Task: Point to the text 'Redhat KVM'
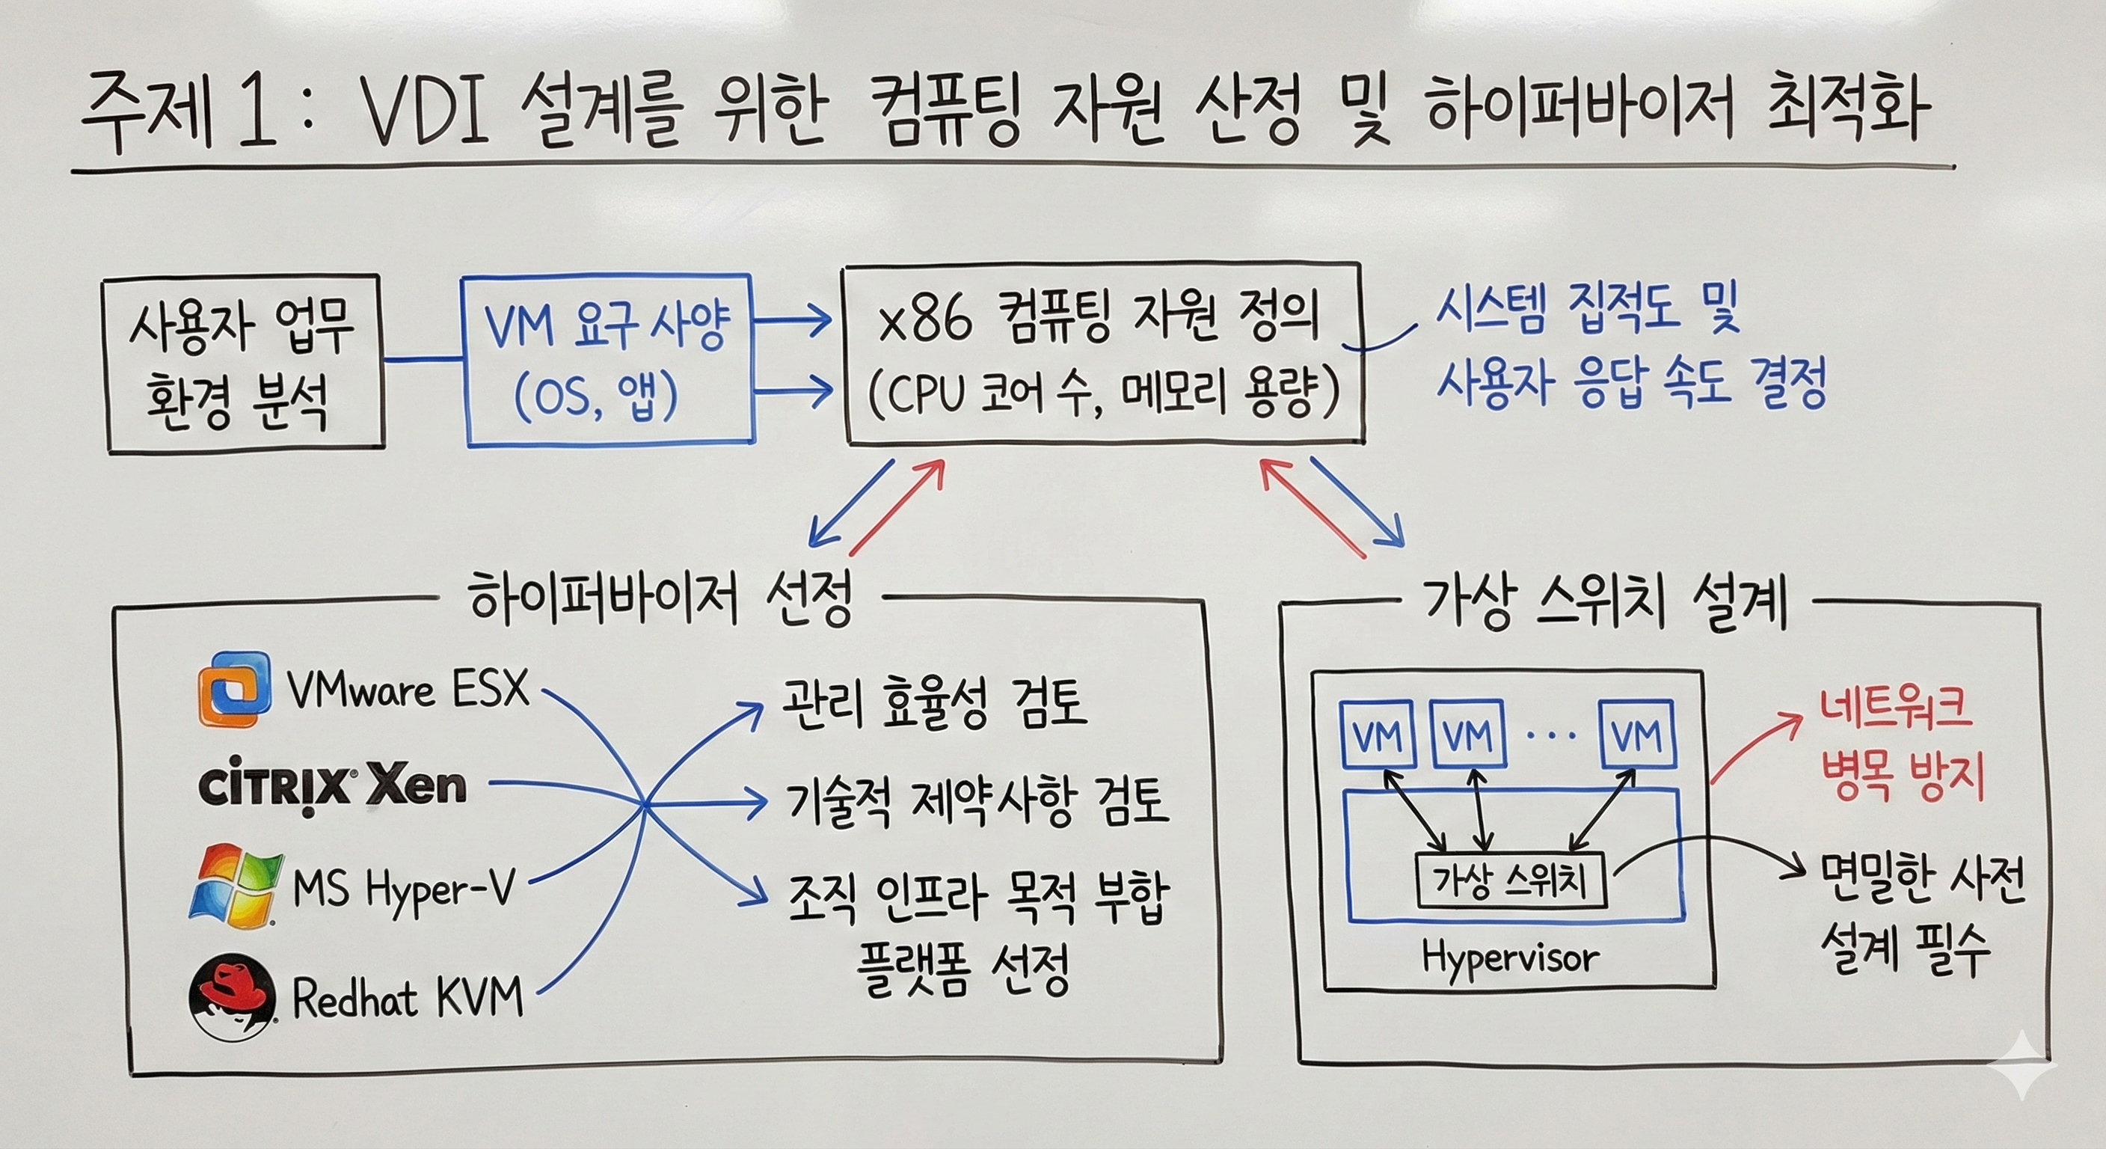(406, 999)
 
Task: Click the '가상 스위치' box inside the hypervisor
(1509, 880)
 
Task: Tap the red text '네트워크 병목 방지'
(1902, 745)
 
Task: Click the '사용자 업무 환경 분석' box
(243, 364)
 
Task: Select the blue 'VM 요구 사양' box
(607, 361)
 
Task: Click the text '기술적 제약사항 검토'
(976, 801)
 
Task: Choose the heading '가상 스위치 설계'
(1604, 604)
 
